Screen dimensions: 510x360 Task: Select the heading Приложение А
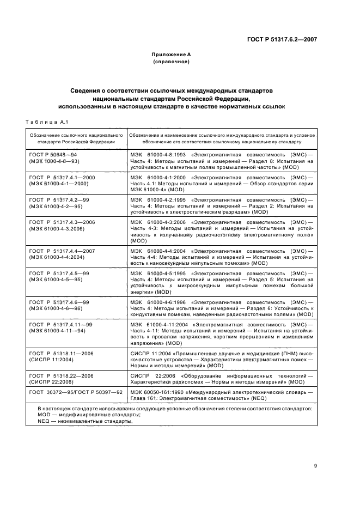click(171, 54)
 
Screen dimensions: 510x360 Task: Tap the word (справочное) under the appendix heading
click(171, 62)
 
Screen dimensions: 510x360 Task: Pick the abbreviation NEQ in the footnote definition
click(44, 422)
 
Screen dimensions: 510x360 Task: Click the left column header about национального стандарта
click(76, 137)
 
